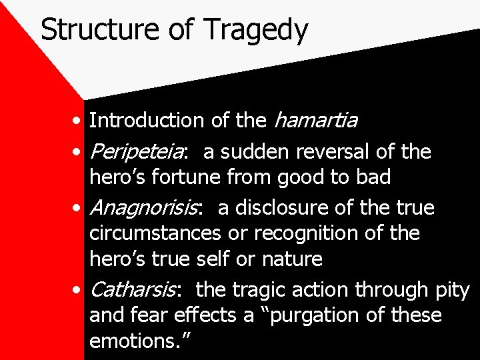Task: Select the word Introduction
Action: tap(146, 121)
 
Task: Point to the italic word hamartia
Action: tap(315, 121)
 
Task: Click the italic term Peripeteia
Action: tap(137, 153)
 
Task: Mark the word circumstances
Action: tap(155, 234)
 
